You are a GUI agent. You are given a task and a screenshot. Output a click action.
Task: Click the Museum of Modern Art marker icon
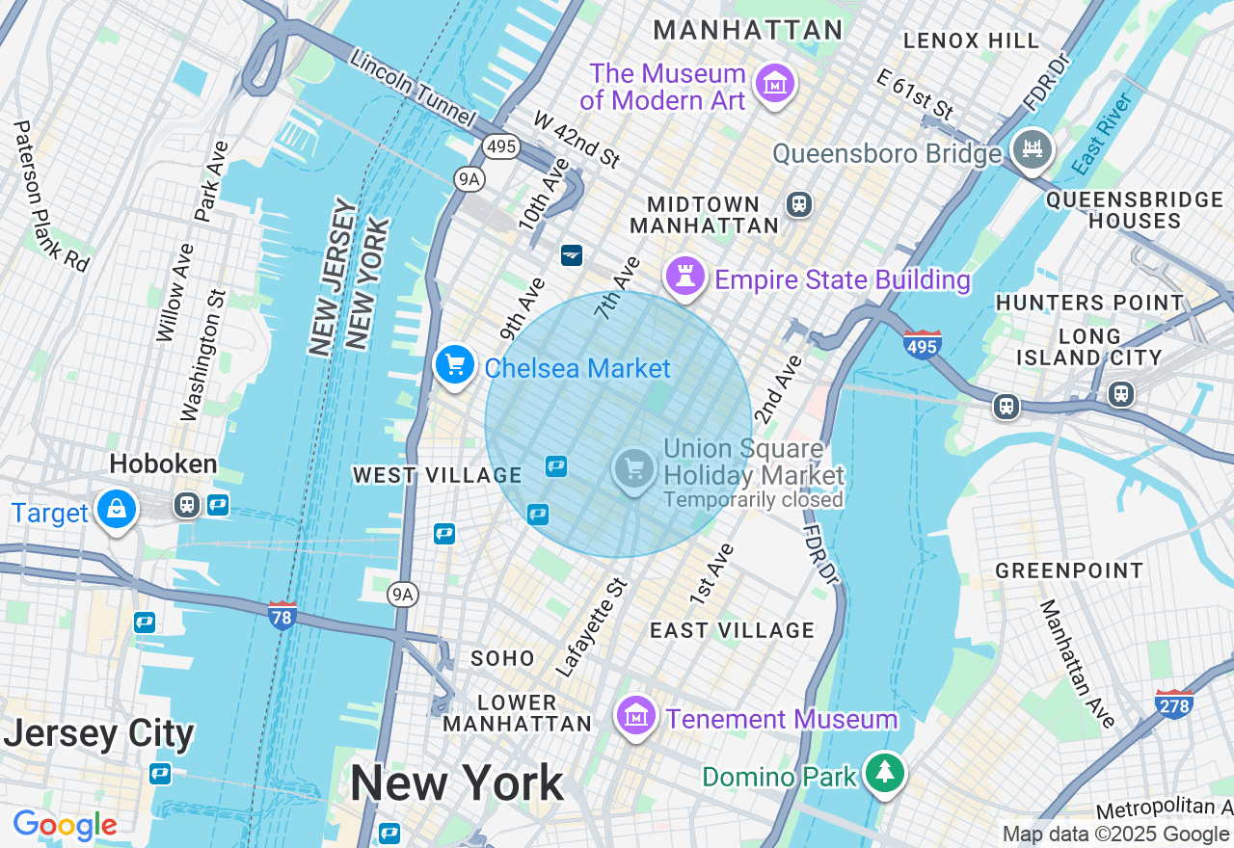coord(774,84)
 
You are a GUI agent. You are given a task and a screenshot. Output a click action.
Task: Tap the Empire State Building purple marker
coord(684,278)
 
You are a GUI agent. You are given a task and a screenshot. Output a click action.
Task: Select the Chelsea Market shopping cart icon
coord(454,366)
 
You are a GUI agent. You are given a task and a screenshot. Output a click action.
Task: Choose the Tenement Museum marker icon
coord(635,717)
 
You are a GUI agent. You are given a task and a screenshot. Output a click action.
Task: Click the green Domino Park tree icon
coord(883,773)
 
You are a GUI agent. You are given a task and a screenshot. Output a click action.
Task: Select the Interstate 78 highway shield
coord(282,615)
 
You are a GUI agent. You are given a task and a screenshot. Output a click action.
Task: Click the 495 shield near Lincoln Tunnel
coord(501,146)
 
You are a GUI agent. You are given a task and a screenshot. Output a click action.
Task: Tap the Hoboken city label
coord(163,464)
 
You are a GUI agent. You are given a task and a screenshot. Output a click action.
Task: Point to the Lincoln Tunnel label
coord(413,89)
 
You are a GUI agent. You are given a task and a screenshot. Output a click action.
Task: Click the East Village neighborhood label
coord(732,630)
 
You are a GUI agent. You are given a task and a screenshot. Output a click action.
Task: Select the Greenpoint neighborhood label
coord(1069,570)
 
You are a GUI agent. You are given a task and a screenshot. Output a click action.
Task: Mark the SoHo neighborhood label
coord(502,658)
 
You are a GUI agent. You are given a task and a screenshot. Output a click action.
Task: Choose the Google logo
coord(65,825)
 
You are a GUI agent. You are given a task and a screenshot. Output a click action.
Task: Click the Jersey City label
coord(98,734)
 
